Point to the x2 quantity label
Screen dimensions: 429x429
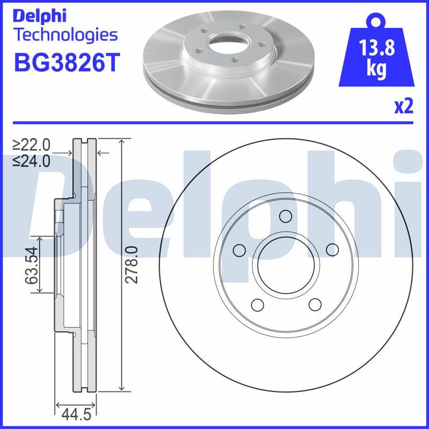(404, 107)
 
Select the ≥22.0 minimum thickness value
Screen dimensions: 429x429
(32, 144)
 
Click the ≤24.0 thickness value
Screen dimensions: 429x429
(32, 160)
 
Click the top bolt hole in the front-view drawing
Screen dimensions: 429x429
(286, 216)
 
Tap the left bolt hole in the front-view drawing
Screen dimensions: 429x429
(239, 250)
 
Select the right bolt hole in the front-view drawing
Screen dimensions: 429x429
(332, 250)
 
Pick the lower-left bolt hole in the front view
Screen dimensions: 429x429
(257, 305)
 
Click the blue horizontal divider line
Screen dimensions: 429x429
(214, 123)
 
